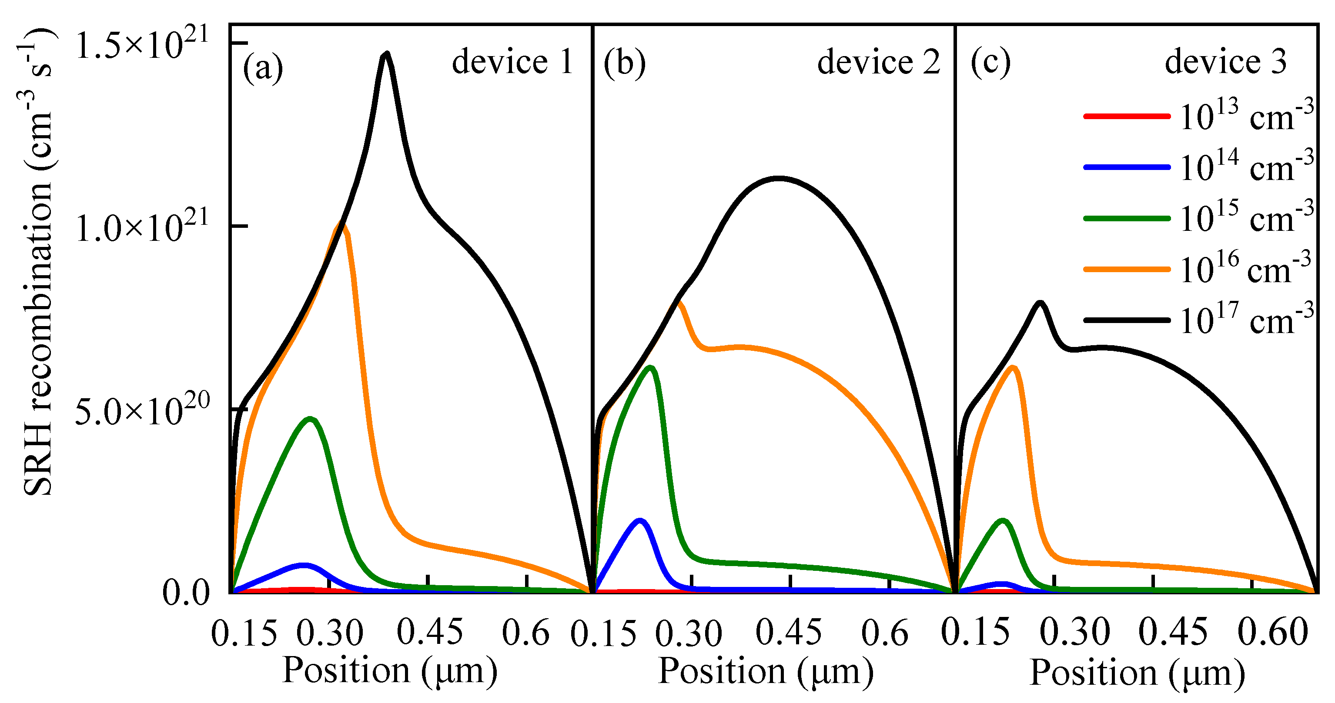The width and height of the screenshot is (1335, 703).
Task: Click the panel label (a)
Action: point(263,67)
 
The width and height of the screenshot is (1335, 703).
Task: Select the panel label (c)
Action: point(990,63)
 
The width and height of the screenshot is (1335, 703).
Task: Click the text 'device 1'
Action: point(512,62)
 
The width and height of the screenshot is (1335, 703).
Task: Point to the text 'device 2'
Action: point(878,63)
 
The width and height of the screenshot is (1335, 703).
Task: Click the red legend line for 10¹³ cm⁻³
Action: point(1127,117)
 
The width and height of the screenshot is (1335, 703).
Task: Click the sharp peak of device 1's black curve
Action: point(386,54)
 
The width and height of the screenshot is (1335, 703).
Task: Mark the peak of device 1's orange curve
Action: point(341,224)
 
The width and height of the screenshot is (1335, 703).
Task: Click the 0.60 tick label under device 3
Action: point(1273,633)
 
